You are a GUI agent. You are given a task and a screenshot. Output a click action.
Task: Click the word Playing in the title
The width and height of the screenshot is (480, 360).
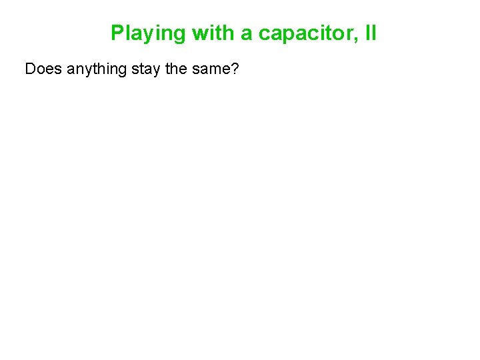tap(149, 33)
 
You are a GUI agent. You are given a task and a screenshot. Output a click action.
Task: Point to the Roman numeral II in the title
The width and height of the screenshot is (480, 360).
tap(371, 33)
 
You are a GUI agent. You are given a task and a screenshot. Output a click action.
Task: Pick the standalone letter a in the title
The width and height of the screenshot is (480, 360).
tap(247, 33)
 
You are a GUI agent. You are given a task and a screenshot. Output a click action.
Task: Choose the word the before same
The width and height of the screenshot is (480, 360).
tap(177, 69)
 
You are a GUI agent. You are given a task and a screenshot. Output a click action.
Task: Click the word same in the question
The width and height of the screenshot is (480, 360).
tap(210, 69)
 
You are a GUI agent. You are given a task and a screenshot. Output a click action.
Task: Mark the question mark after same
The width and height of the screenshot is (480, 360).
tap(233, 69)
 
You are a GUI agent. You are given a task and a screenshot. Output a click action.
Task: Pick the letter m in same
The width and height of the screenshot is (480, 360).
tap(213, 70)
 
